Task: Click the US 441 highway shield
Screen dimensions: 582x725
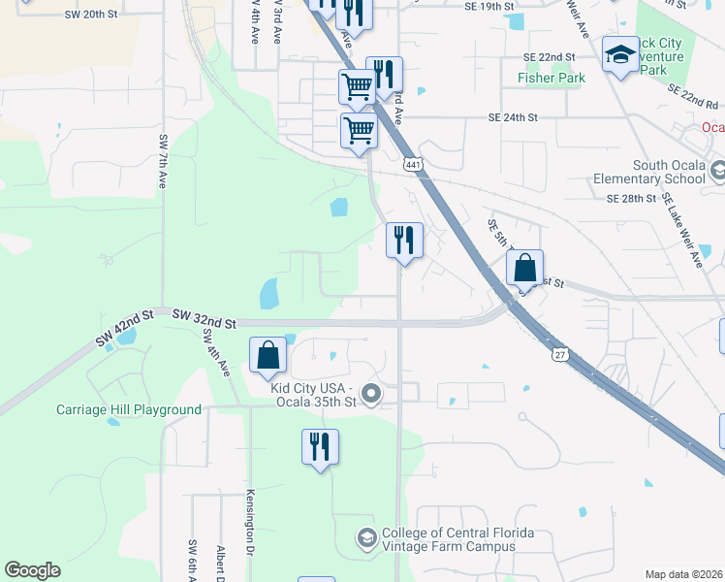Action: coord(414,166)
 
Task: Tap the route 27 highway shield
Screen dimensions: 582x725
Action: coord(560,356)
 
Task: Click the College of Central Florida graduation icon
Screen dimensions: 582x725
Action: coord(366,536)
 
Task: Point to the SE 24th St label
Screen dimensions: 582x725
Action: coord(513,117)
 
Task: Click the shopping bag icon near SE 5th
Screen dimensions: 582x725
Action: coord(524,267)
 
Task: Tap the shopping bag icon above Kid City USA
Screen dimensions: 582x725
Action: coord(268,355)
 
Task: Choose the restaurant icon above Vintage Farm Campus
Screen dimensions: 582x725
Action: coord(320,446)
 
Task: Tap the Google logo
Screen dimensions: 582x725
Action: coord(32,570)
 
